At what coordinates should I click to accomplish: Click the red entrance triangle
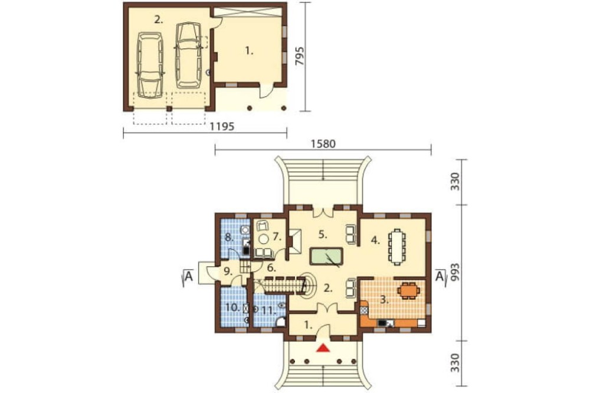323,348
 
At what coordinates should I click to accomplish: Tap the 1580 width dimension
323,144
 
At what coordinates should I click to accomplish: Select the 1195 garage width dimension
222,126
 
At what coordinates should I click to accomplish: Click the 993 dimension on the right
455,273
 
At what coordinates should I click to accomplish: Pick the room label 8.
229,237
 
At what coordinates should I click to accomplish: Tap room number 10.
232,307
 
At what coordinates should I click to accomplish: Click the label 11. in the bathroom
269,310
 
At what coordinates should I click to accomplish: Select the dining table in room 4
397,247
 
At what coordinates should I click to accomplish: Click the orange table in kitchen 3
408,290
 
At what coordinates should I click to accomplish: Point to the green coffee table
326,256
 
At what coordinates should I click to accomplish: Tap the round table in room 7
264,238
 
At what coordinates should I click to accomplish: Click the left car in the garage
150,65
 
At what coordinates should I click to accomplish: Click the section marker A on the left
189,277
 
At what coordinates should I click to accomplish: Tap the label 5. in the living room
323,234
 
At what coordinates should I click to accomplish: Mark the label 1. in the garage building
249,51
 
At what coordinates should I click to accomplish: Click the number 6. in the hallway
271,268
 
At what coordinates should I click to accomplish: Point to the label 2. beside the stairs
328,289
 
